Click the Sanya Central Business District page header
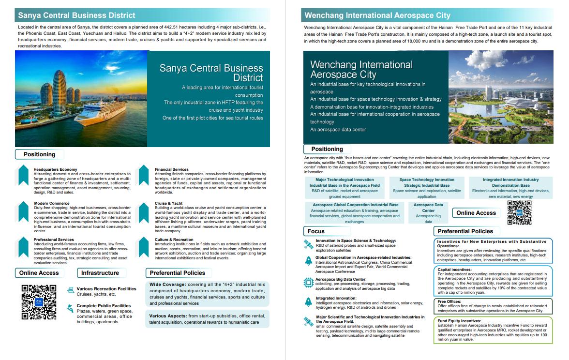point(77,15)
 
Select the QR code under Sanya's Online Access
point(39,302)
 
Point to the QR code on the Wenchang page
point(519,213)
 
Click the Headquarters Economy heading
point(55,169)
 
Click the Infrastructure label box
point(100,273)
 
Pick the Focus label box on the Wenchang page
point(316,231)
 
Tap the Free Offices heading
point(449,301)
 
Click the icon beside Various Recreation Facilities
point(71,290)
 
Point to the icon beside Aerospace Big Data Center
point(308,282)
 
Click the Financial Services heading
point(172,169)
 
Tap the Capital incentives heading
point(454,270)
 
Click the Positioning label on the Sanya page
point(40,154)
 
